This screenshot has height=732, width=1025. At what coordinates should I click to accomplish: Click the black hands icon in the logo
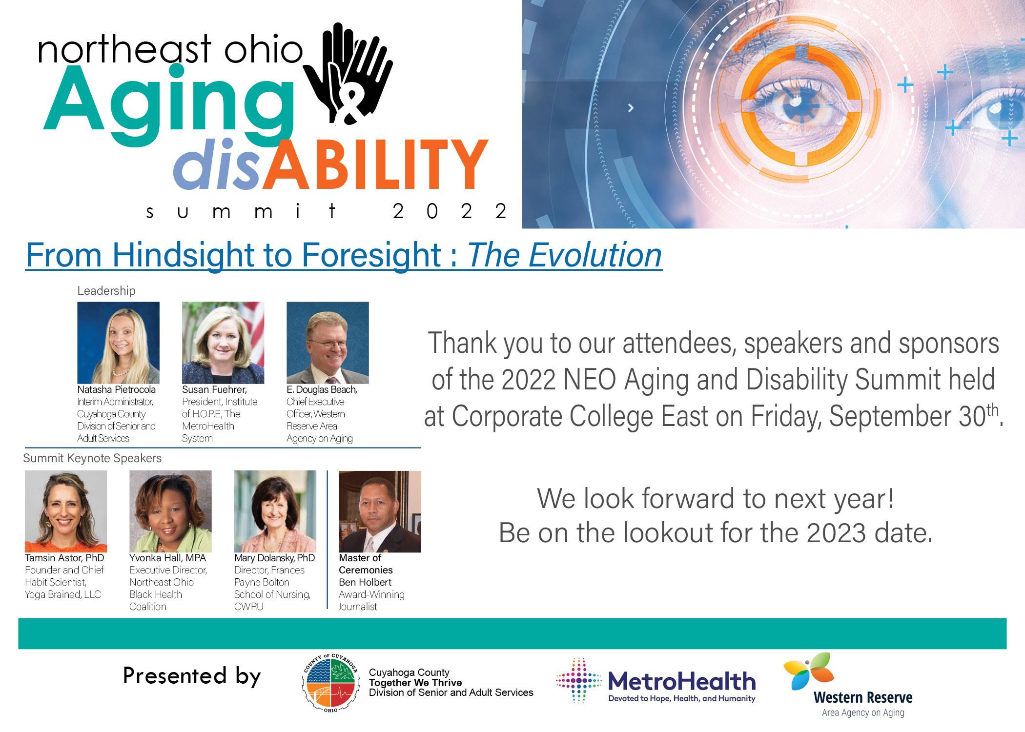[348, 73]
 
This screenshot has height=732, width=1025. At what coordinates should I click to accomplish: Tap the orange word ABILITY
[375, 164]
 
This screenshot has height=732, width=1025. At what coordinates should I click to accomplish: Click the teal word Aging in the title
[168, 100]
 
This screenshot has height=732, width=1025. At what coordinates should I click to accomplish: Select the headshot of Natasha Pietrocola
[119, 343]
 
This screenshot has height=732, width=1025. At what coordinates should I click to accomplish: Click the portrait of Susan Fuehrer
[223, 343]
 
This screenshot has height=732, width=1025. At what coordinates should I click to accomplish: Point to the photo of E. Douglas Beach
[328, 343]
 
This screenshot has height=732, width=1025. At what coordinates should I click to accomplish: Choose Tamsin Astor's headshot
[66, 511]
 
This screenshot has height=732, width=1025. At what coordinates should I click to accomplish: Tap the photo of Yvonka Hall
[170, 511]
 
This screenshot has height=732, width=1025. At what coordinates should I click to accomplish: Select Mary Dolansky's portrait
[275, 511]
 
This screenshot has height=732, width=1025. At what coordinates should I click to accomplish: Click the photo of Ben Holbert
[380, 511]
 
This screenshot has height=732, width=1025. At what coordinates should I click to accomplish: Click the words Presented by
[192, 676]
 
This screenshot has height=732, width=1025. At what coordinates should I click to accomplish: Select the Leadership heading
[106, 291]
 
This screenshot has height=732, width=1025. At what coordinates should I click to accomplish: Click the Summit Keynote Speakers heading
[92, 458]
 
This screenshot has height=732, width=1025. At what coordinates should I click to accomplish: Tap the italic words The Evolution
[565, 255]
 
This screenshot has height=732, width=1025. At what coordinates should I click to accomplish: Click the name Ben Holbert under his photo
[365, 582]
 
